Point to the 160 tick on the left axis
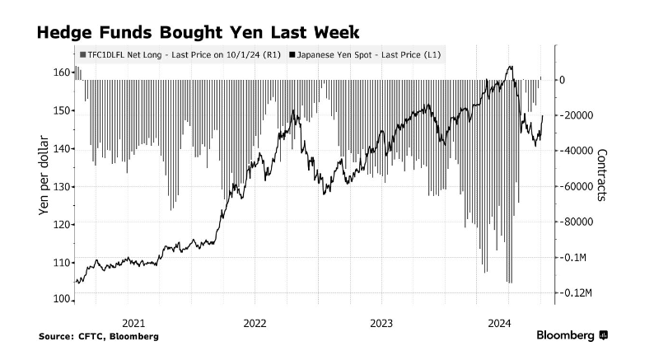[x=60, y=72]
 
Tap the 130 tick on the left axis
[x=60, y=186]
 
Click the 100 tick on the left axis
[x=60, y=300]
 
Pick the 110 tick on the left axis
[x=60, y=262]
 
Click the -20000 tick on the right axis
[x=576, y=115]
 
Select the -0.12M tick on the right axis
[x=577, y=293]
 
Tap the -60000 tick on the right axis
[x=576, y=187]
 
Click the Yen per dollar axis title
[x=44, y=175]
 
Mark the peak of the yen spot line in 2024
[x=512, y=67]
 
